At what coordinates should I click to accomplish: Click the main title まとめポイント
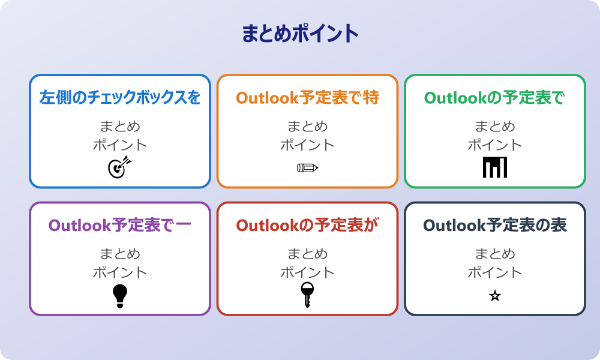[300, 34]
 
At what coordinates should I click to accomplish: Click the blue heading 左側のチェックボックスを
[120, 97]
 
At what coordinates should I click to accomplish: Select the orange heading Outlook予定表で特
[307, 97]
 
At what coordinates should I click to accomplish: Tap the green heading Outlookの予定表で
[495, 97]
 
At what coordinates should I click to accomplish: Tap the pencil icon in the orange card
[307, 168]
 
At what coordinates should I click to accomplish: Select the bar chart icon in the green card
[495, 167]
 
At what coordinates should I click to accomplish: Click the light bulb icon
[120, 296]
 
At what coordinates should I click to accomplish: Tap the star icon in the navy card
[495, 296]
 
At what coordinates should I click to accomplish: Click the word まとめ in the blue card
[120, 127]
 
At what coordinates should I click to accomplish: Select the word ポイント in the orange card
[307, 145]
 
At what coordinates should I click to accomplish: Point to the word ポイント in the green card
[495, 145]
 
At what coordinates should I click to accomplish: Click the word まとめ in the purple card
[120, 254]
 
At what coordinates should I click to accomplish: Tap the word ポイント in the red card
[307, 273]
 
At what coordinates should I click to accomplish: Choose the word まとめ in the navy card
[495, 254]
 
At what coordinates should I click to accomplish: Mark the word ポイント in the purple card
[120, 273]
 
